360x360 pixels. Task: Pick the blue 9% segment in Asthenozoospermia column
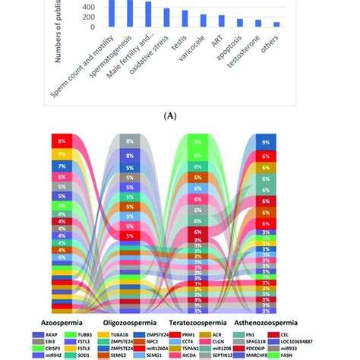point(265,142)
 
